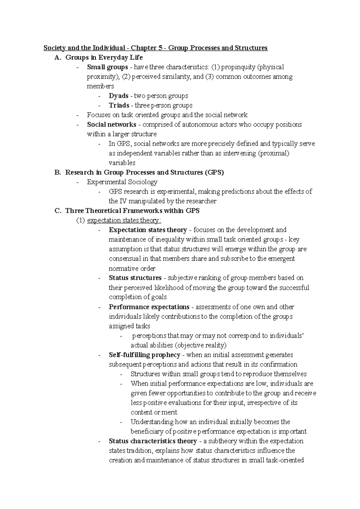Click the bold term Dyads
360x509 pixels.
coord(118,96)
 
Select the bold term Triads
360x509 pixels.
coord(119,106)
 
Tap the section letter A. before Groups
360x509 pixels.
coord(58,58)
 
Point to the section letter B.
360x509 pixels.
coord(58,172)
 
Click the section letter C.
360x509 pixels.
coord(58,211)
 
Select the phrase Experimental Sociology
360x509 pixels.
coord(122,182)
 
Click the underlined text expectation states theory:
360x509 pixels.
coord(124,220)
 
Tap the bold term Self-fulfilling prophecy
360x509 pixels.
coord(144,355)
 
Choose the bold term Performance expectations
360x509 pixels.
coord(149,307)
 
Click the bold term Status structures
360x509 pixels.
coord(135,278)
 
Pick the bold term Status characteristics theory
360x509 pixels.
coord(153,441)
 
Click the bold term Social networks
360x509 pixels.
coord(112,124)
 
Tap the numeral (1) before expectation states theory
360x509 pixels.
coord(80,220)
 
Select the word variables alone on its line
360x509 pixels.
coord(122,163)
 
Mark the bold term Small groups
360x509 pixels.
coord(107,67)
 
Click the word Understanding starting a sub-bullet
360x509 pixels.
coord(152,422)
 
